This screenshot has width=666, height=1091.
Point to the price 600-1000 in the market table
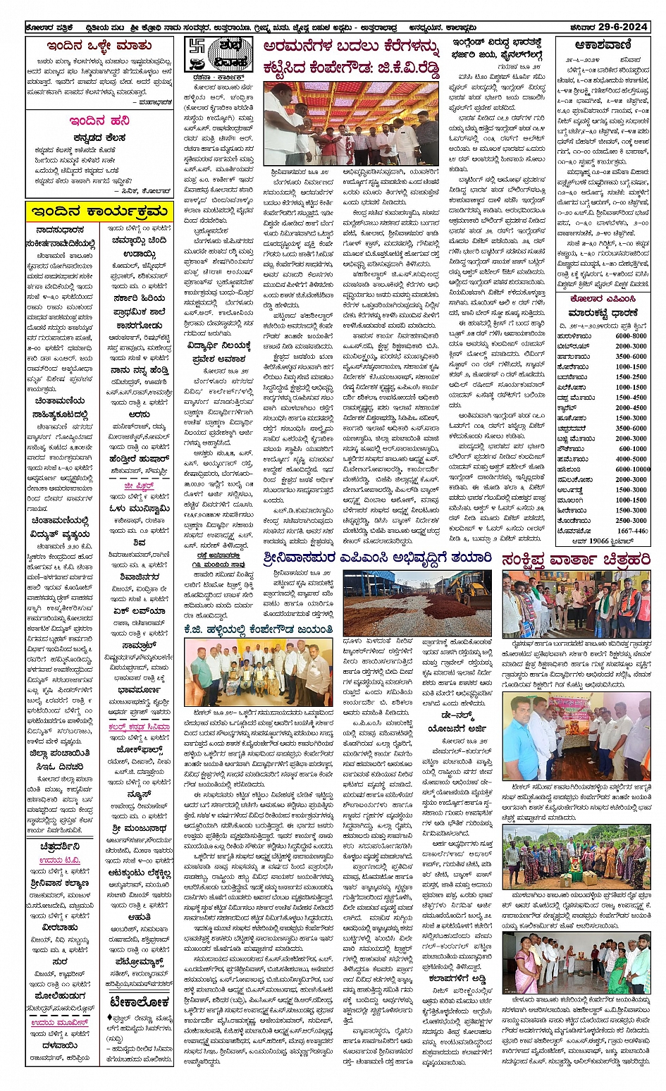(631, 448)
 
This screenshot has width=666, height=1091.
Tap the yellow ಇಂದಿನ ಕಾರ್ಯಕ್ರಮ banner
(99, 211)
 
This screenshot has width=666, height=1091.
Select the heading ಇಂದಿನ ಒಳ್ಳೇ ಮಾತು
(99, 47)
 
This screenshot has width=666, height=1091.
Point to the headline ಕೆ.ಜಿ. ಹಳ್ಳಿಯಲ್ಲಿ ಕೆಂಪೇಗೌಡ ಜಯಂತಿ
(258, 629)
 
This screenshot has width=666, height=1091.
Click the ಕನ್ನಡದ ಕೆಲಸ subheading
(99, 137)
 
